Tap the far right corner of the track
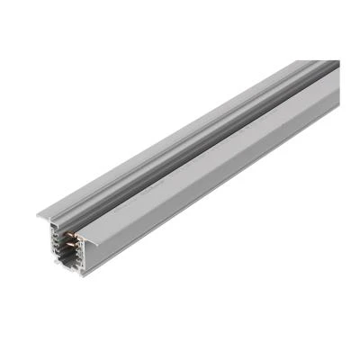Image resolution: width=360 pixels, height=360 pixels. tap(339, 72)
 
